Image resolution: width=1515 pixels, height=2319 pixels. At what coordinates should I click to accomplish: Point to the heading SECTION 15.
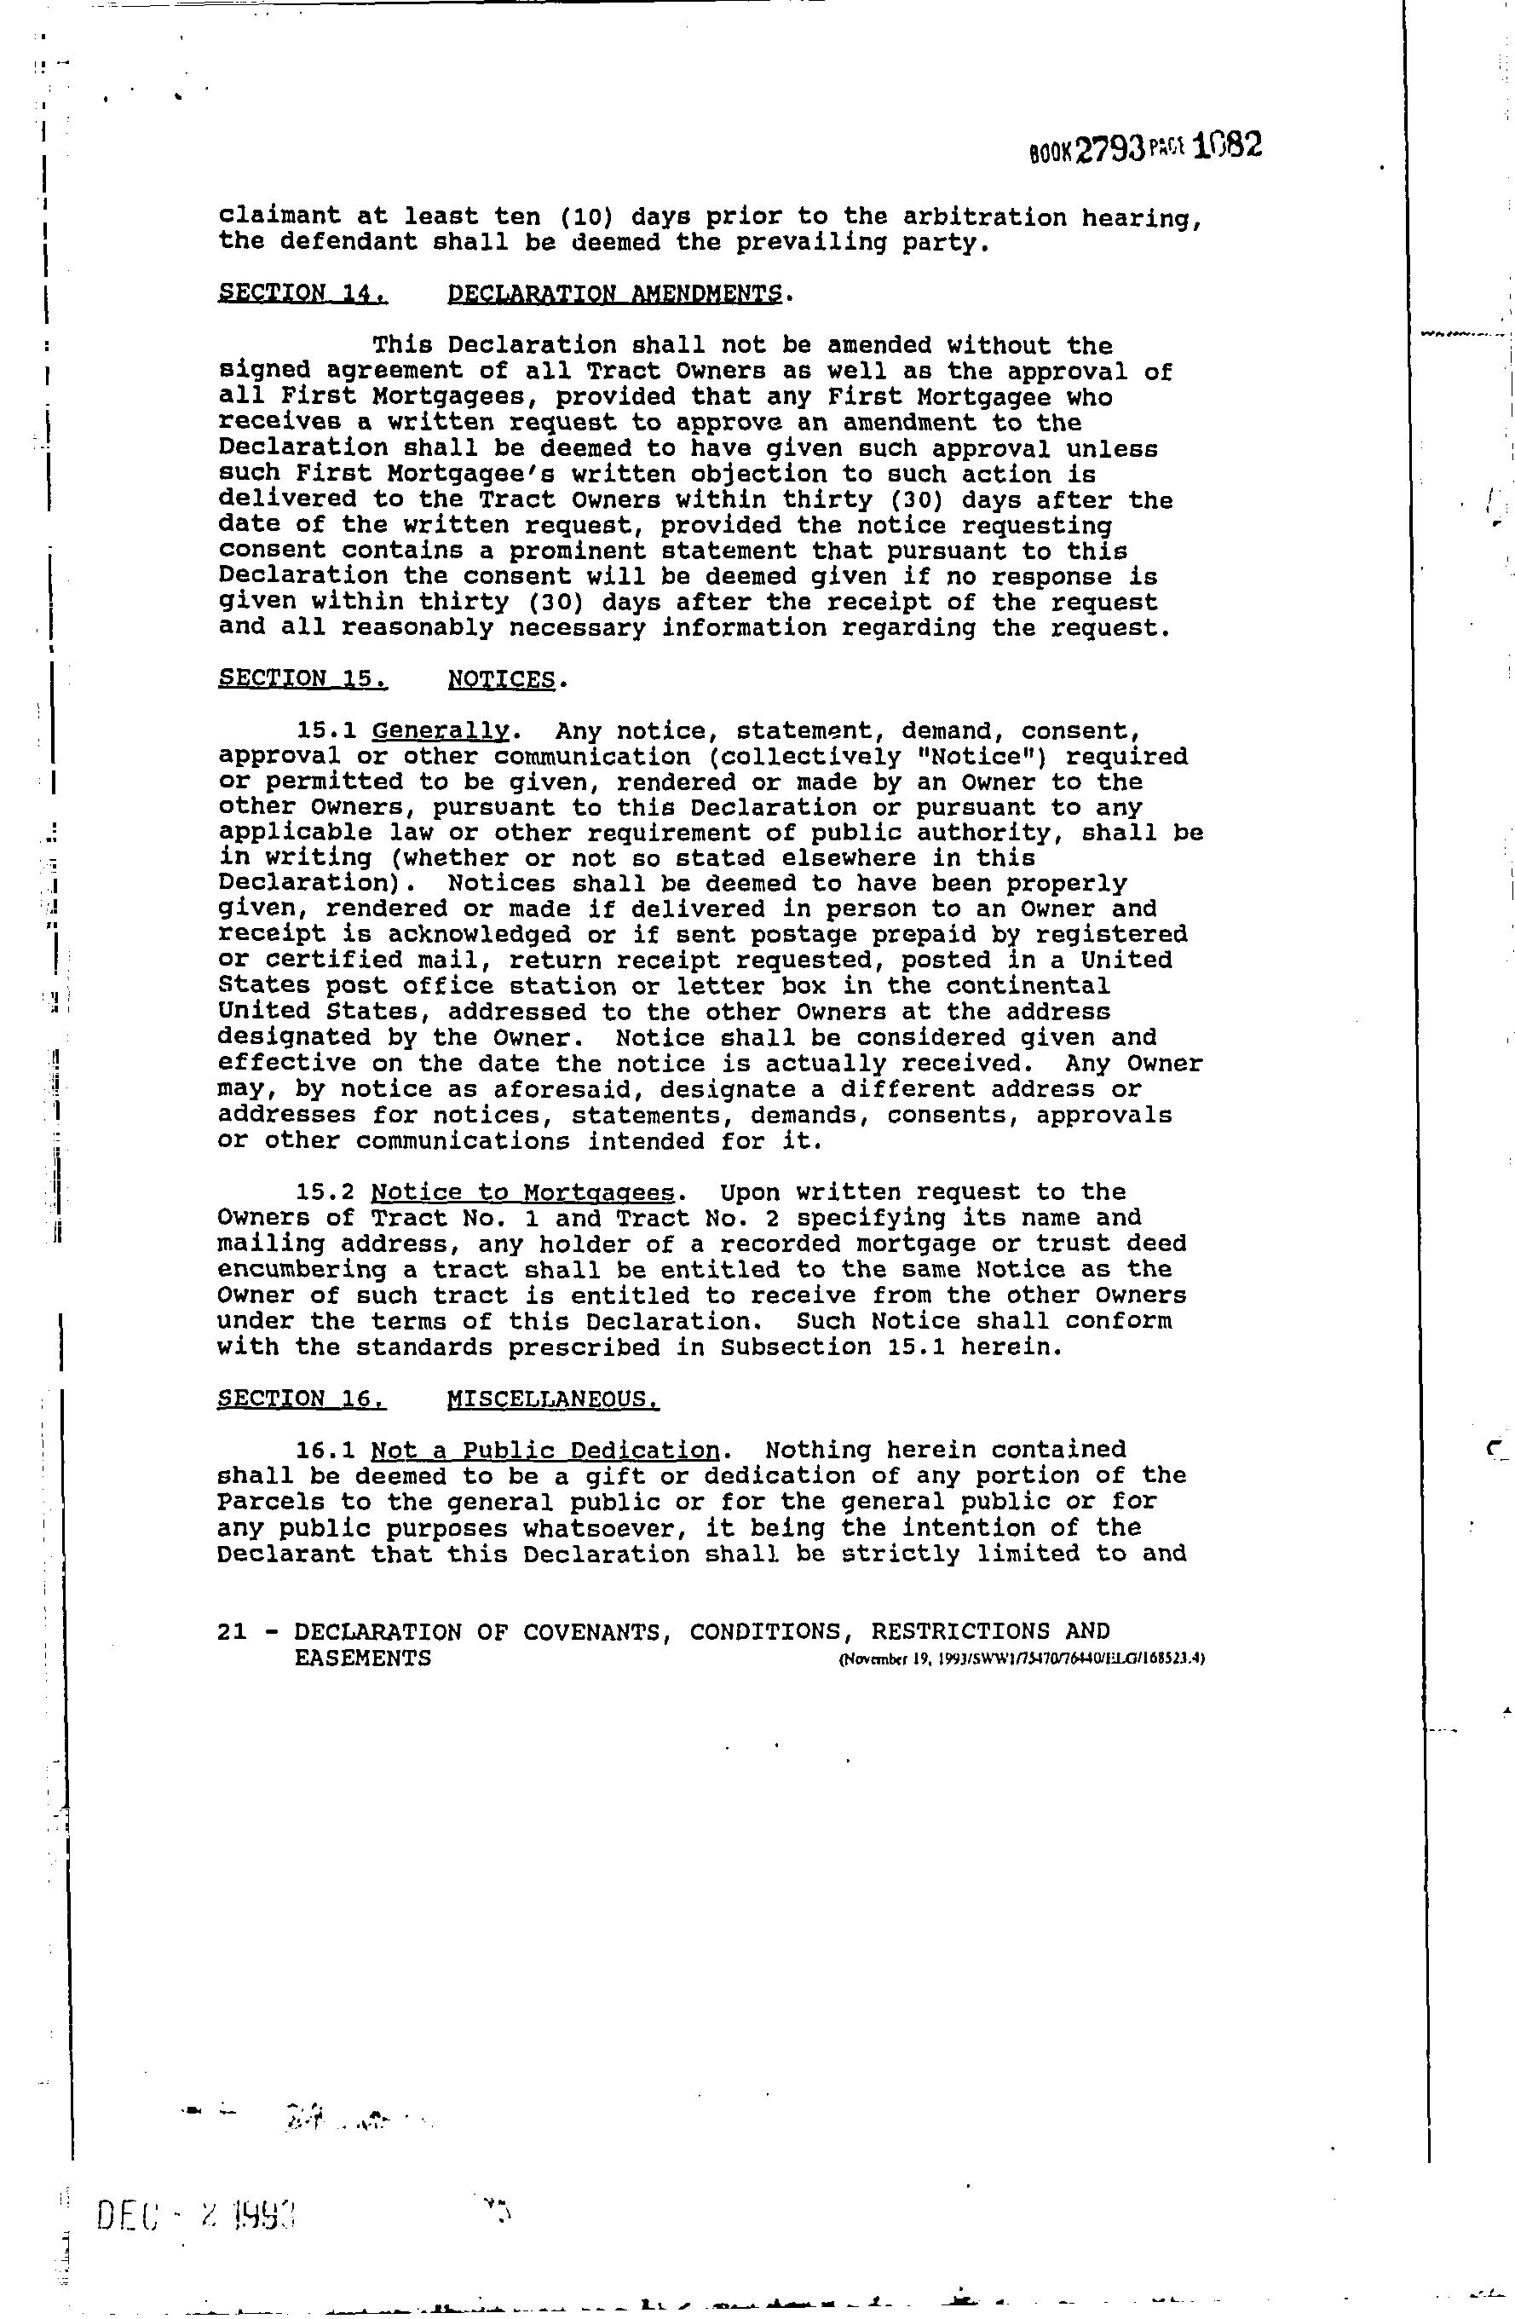[302, 678]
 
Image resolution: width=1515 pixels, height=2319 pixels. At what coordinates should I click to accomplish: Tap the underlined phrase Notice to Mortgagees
[522, 1192]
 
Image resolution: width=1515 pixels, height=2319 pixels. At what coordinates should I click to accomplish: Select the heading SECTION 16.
[302, 1399]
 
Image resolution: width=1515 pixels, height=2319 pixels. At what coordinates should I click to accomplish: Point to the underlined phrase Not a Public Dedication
[544, 1451]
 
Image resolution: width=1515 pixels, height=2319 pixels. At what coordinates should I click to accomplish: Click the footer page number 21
[233, 1631]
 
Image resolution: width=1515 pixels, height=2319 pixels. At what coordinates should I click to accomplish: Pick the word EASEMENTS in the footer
[362, 1658]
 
